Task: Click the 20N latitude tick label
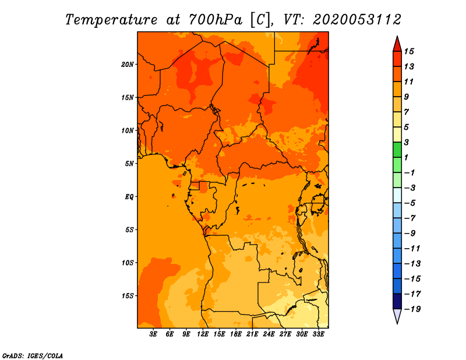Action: pyautogui.click(x=127, y=65)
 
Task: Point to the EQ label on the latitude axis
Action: pyautogui.click(x=129, y=197)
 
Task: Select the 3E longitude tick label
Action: pyautogui.click(x=153, y=334)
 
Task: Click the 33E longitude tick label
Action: pyautogui.click(x=318, y=334)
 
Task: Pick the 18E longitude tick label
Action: pyautogui.click(x=236, y=334)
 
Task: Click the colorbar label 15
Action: pyautogui.click(x=409, y=51)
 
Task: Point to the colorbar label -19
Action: pyautogui.click(x=412, y=309)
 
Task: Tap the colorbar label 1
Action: pyautogui.click(x=406, y=157)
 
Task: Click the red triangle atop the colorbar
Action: pyautogui.click(x=397, y=44)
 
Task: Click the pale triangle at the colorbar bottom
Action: pyautogui.click(x=397, y=316)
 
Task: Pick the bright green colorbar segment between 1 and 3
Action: pyautogui.click(x=397, y=150)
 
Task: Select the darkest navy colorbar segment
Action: pyautogui.click(x=397, y=301)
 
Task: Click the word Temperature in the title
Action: pyautogui.click(x=111, y=20)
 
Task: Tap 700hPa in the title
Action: pyautogui.click(x=215, y=20)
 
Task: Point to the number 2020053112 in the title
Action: pyautogui.click(x=357, y=20)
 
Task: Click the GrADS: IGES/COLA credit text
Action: pyautogui.click(x=33, y=356)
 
